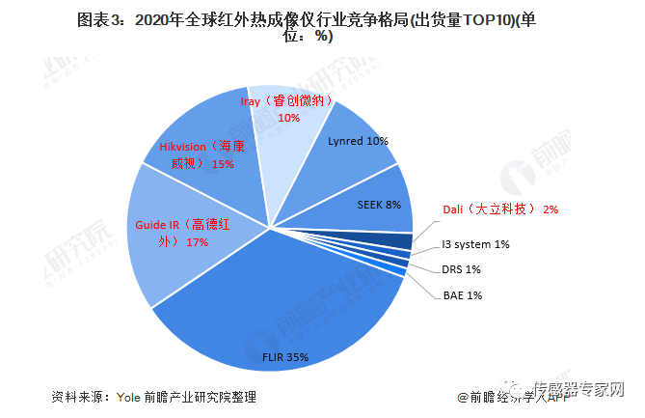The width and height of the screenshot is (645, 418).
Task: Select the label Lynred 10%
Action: coord(358,141)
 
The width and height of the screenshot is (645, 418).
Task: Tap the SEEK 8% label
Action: coord(379,205)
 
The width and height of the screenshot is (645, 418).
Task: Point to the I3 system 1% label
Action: coord(475,244)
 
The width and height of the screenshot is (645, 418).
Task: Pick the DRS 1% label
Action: coord(461,269)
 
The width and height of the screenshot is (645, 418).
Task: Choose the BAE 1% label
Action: coord(461,294)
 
